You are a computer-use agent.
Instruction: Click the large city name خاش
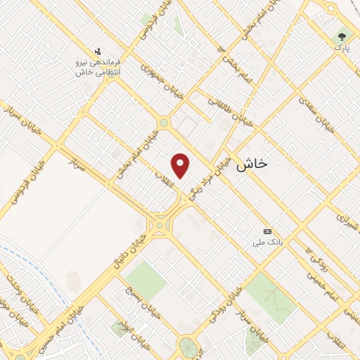click(253, 164)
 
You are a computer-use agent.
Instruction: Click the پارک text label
click(341, 48)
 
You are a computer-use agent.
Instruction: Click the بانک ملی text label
click(267, 243)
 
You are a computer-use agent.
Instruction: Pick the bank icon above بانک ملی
click(267, 231)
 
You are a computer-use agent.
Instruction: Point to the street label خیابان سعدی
click(314, 112)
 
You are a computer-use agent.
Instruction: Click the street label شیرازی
click(347, 222)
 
